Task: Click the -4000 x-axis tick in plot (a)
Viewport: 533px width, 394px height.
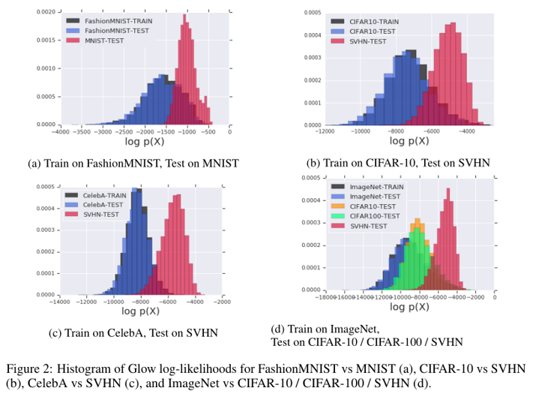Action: tap(60, 133)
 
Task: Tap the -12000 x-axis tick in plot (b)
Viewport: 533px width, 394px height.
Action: tap(325, 132)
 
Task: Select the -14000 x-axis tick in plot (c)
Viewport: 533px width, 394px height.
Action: tap(60, 303)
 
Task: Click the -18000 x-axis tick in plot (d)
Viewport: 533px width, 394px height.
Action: tap(322, 298)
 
